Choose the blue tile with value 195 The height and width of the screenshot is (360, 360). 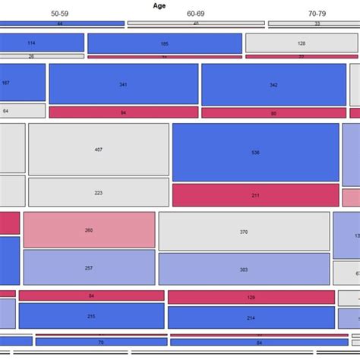[x=165, y=43]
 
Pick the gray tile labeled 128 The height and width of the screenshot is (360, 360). [x=302, y=43]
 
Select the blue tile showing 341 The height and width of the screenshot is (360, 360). [x=123, y=84]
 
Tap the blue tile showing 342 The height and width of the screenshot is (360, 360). [x=273, y=84]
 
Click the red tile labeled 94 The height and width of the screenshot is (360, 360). [x=123, y=112]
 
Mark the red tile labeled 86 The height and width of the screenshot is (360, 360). [x=273, y=112]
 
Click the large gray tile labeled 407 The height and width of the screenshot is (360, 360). [x=99, y=149]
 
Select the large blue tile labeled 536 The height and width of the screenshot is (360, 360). [x=255, y=152]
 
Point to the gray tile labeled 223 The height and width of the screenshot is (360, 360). [x=99, y=192]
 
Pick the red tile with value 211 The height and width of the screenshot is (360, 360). [x=255, y=195]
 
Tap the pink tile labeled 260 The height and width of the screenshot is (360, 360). [x=89, y=229]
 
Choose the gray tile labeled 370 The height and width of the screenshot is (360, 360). [x=243, y=231]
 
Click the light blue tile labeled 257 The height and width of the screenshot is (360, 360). [x=89, y=267]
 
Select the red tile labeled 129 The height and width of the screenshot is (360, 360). [x=251, y=297]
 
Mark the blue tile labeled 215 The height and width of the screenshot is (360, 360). [x=91, y=316]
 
